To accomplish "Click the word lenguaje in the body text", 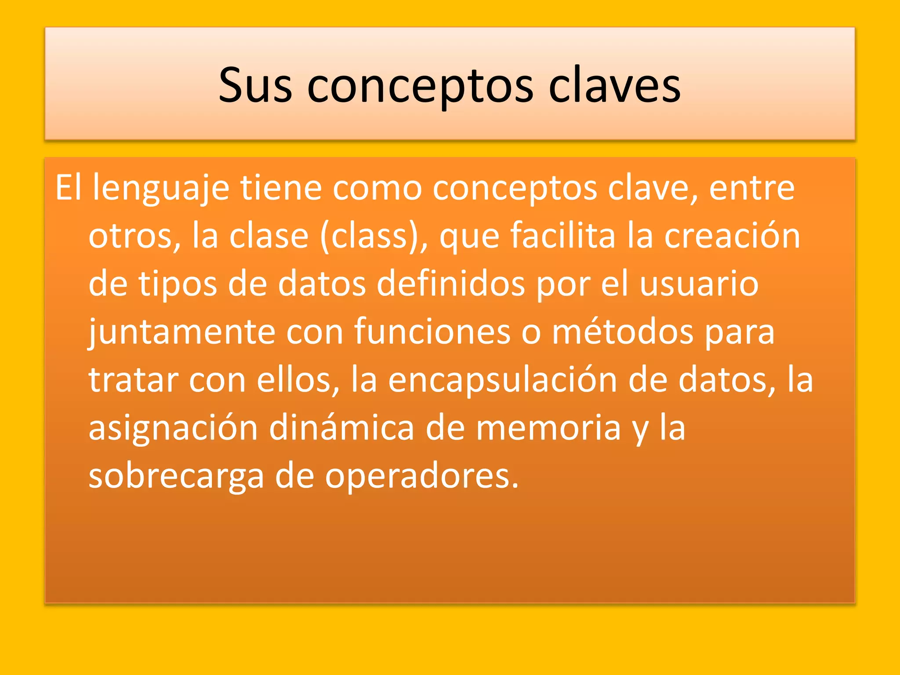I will (161, 188).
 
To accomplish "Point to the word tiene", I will (281, 188).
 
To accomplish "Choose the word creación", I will (732, 236).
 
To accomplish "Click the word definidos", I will (451, 284).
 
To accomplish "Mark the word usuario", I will (699, 284).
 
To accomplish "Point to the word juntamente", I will (182, 333).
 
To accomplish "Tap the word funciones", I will (432, 333).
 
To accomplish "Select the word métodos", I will (623, 333).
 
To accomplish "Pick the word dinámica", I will (341, 428).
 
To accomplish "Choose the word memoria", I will (548, 428).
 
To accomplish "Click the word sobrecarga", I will (176, 477).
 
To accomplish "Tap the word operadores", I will (421, 477).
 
